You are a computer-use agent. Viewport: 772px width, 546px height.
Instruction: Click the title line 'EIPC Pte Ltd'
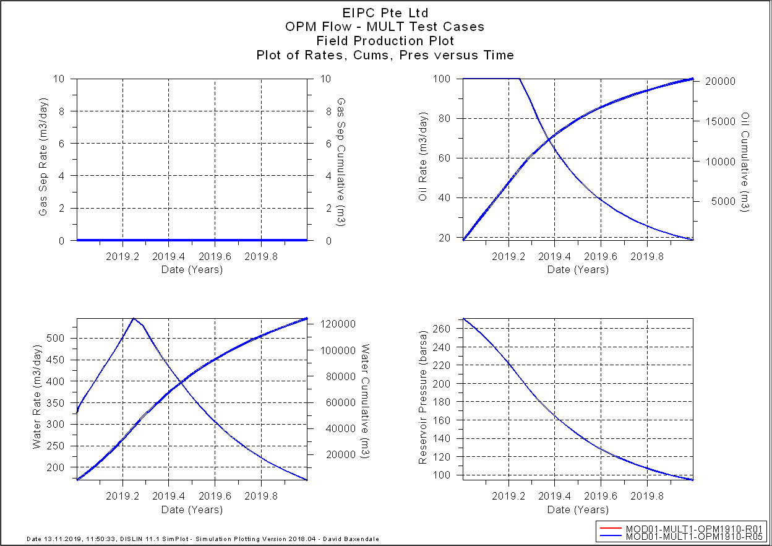coord(385,12)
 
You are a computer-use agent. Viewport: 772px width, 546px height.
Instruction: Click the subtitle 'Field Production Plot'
coord(385,41)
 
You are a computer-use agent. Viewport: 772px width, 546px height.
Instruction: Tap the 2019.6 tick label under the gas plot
coord(215,255)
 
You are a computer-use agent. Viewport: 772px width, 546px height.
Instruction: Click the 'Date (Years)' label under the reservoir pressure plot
coord(578,509)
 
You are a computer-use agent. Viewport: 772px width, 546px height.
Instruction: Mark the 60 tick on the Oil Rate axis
coord(450,158)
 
